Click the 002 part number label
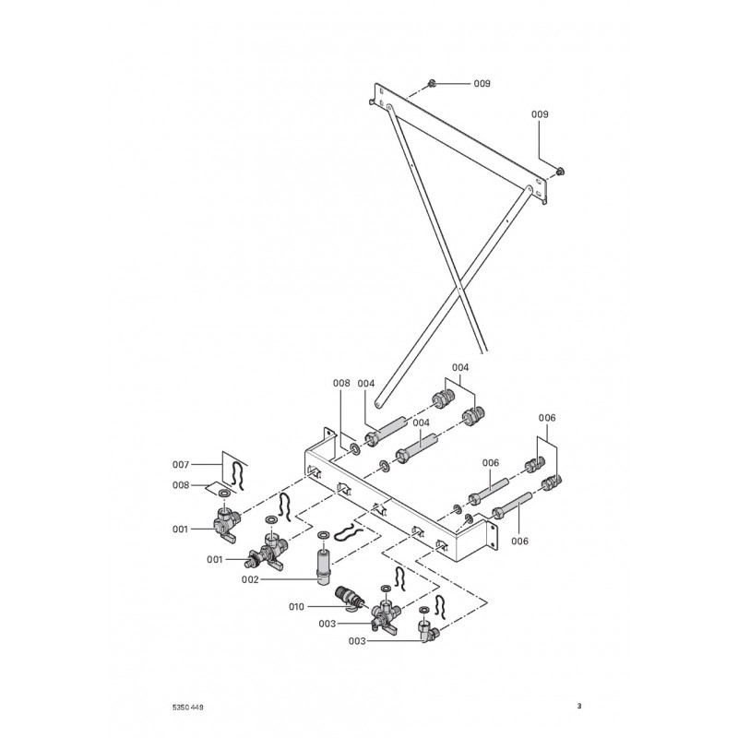(x=250, y=580)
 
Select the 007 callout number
(x=181, y=465)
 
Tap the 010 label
(x=296, y=607)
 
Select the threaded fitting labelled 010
(x=350, y=598)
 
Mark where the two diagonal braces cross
(x=458, y=286)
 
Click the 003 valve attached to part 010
(x=385, y=615)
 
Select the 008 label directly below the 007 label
(x=181, y=485)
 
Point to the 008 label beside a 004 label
(x=341, y=384)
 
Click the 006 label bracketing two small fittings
(x=547, y=418)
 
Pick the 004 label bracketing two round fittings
(x=460, y=367)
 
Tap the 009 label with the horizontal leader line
(x=482, y=84)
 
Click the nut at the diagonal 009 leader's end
(x=560, y=172)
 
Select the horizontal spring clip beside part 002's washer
(x=349, y=533)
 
